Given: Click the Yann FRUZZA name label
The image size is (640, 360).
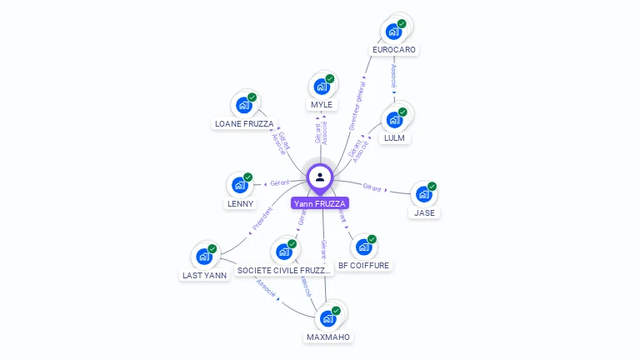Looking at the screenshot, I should point(320,203).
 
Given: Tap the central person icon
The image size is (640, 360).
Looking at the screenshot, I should point(320,177).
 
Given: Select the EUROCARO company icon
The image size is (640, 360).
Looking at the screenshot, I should point(393,32).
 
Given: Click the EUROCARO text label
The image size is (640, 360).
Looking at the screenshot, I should point(394,50).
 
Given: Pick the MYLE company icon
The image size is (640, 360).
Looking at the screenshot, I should point(322,86).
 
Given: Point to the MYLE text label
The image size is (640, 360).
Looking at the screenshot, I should point(322,105).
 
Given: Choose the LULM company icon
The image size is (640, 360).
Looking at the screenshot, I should point(394,119).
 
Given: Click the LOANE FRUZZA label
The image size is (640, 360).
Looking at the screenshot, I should point(244,124).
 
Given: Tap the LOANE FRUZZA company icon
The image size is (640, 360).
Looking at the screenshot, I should point(244,105).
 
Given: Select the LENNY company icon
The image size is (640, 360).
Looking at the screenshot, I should point(241,185).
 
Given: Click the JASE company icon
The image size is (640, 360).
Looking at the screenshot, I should point(424,194).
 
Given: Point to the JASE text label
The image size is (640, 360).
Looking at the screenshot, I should point(425,212).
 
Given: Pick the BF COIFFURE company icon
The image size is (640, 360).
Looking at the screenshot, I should point(363,247).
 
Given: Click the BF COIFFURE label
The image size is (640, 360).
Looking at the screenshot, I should point(363,266).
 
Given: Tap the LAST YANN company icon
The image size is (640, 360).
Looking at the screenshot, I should point(204,257).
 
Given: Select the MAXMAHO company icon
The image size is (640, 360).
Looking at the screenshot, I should point(328,318).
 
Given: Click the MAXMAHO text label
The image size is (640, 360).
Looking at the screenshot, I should point(328,337).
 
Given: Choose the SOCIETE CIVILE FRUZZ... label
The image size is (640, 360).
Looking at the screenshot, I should point(284,271).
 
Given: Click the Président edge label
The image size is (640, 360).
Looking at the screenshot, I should point(262,218).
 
